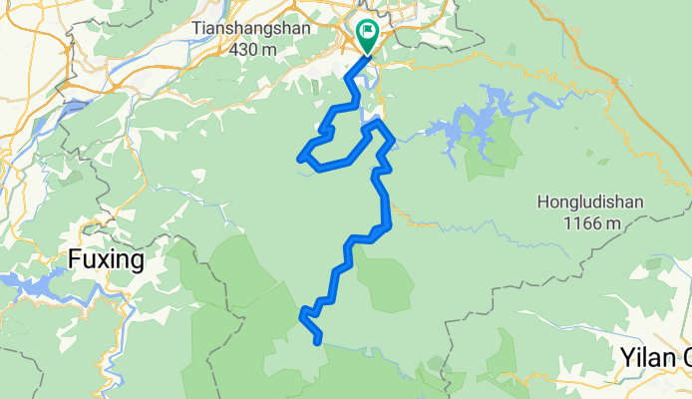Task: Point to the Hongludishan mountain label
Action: point(589,202)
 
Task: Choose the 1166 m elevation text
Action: point(589,222)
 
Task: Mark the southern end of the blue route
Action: point(318,342)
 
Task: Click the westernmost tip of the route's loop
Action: point(300,157)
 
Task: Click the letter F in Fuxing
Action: point(74,261)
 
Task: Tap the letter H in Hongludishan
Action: point(542,202)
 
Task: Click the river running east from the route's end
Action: point(369,351)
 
